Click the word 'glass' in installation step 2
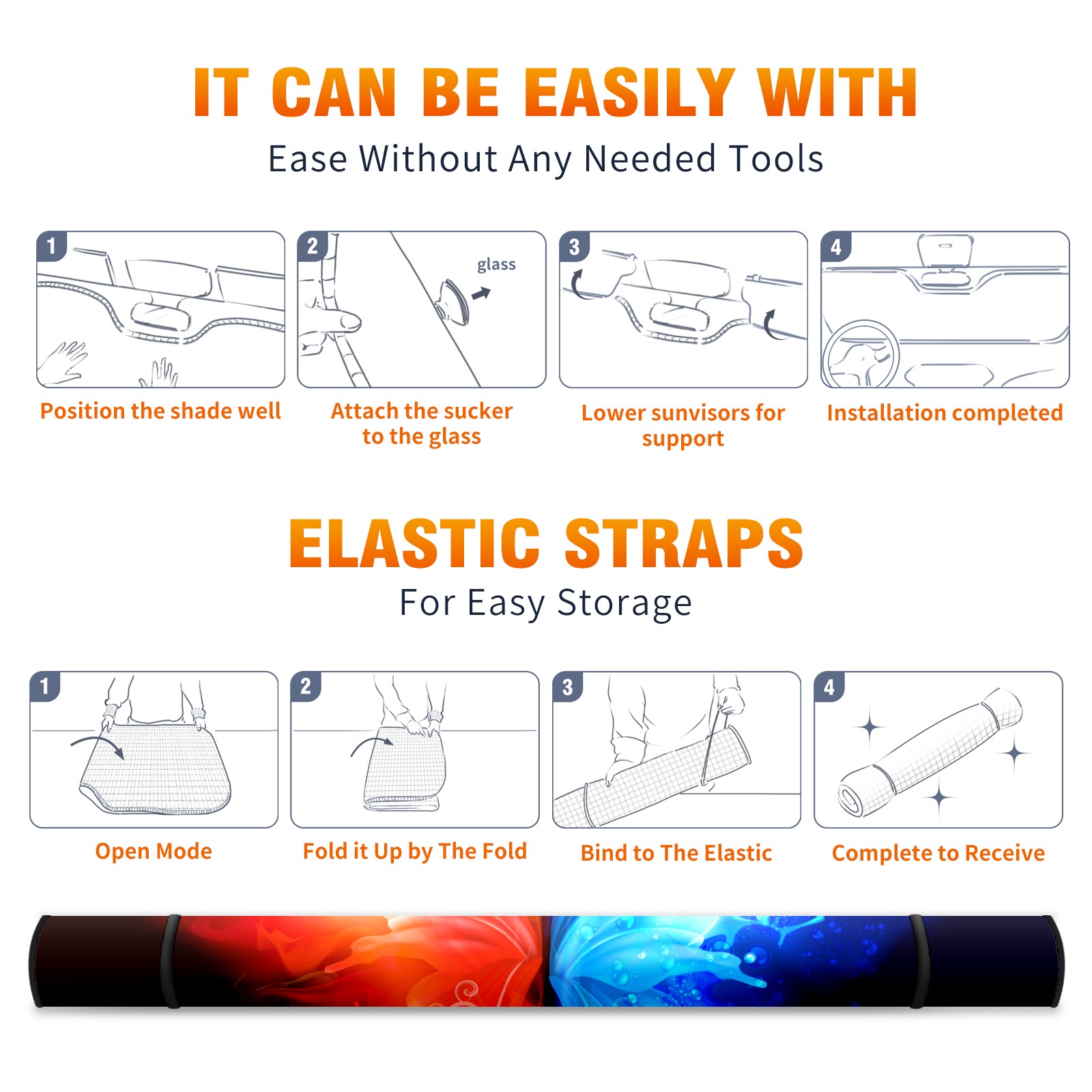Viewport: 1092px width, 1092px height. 496,265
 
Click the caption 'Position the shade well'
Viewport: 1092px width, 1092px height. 160,411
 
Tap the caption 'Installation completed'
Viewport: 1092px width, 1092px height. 945,412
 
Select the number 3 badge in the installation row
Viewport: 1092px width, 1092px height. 574,246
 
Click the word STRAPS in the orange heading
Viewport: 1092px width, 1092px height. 684,543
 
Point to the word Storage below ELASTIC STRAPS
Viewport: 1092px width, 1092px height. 624,603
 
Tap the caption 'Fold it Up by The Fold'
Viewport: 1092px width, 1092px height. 415,851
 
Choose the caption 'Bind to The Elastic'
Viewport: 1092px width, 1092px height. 676,852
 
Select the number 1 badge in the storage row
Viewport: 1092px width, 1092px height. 45,687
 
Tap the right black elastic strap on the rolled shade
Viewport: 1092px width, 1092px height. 918,961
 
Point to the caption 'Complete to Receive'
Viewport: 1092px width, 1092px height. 938,852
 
